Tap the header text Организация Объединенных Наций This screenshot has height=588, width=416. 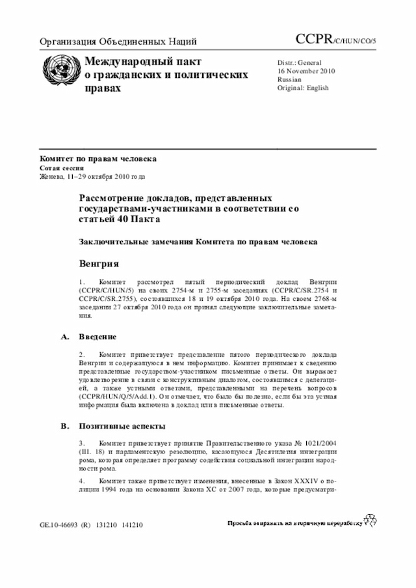(x=118, y=42)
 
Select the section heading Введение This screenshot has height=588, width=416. (x=97, y=337)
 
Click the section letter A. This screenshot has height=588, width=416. (x=64, y=337)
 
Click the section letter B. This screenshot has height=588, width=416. (x=64, y=426)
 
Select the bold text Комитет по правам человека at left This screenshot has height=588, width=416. (x=97, y=159)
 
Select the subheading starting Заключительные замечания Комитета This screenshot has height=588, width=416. (x=198, y=242)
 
